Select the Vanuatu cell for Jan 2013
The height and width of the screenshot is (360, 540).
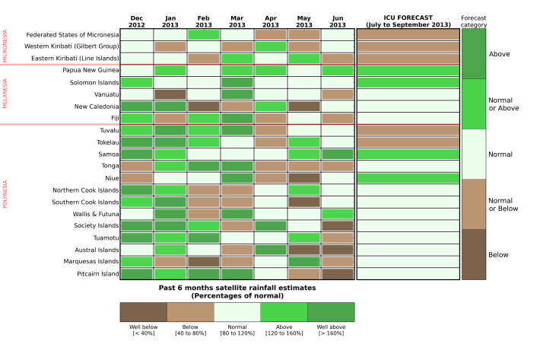point(170,94)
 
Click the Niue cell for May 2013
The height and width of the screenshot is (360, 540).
point(304,177)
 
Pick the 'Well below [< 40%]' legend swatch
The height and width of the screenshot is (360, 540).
point(144,312)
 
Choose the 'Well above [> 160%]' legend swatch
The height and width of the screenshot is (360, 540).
point(331,312)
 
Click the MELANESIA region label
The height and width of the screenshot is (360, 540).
point(5,94)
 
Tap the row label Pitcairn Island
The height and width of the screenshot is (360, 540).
point(94,273)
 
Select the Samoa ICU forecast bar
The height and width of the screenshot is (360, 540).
point(408,154)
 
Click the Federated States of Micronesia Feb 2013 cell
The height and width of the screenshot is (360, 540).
point(204,35)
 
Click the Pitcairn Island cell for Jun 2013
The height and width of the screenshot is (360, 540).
point(338,273)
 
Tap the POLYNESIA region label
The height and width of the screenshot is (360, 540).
point(5,194)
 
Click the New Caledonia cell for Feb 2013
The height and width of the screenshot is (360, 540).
point(204,107)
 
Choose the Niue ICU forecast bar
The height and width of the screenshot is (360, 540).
point(408,177)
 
